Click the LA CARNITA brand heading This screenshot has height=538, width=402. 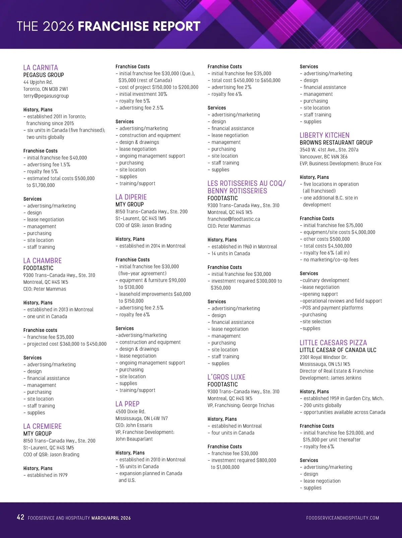click(41, 68)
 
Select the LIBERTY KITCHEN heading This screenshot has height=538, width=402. click(324, 135)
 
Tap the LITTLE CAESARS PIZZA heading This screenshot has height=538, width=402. click(333, 343)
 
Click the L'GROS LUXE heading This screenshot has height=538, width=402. click(226, 377)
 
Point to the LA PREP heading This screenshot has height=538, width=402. click(127, 404)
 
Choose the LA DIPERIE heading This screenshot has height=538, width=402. click(131, 197)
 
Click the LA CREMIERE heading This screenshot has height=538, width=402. click(43, 426)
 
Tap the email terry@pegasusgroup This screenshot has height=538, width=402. click(46, 96)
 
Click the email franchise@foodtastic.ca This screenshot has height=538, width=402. click(233, 219)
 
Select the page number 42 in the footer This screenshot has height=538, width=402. click(20, 518)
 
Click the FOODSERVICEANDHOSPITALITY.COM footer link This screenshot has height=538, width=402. click(342, 518)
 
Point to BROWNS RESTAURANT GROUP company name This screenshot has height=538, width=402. click(336, 142)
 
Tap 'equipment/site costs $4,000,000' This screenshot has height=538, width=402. click(339, 232)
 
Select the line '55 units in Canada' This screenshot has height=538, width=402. click(139, 467)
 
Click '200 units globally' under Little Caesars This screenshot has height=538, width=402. click(322, 405)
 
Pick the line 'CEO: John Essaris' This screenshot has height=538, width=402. click(134, 425)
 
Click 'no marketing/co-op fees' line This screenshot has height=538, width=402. click(331, 260)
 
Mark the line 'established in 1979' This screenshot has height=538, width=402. click(47, 475)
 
